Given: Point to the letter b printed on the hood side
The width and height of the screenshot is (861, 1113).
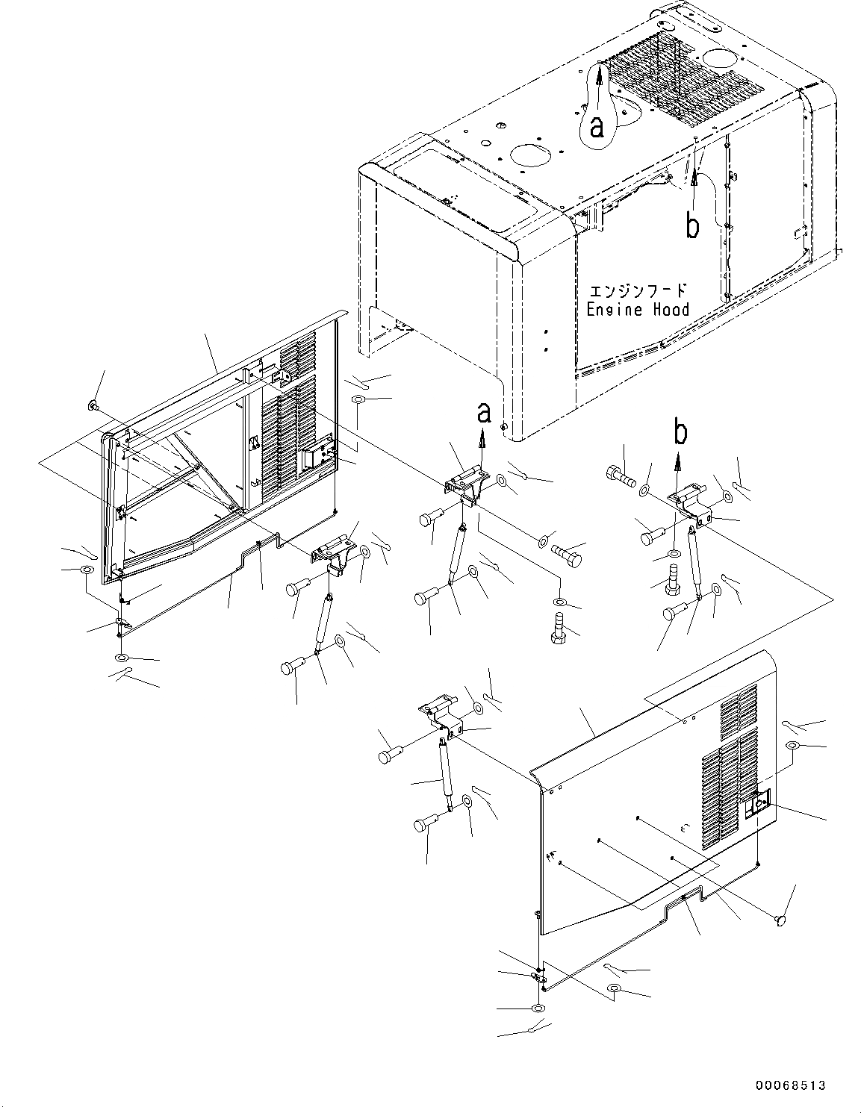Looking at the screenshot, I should pyautogui.click(x=693, y=226).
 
